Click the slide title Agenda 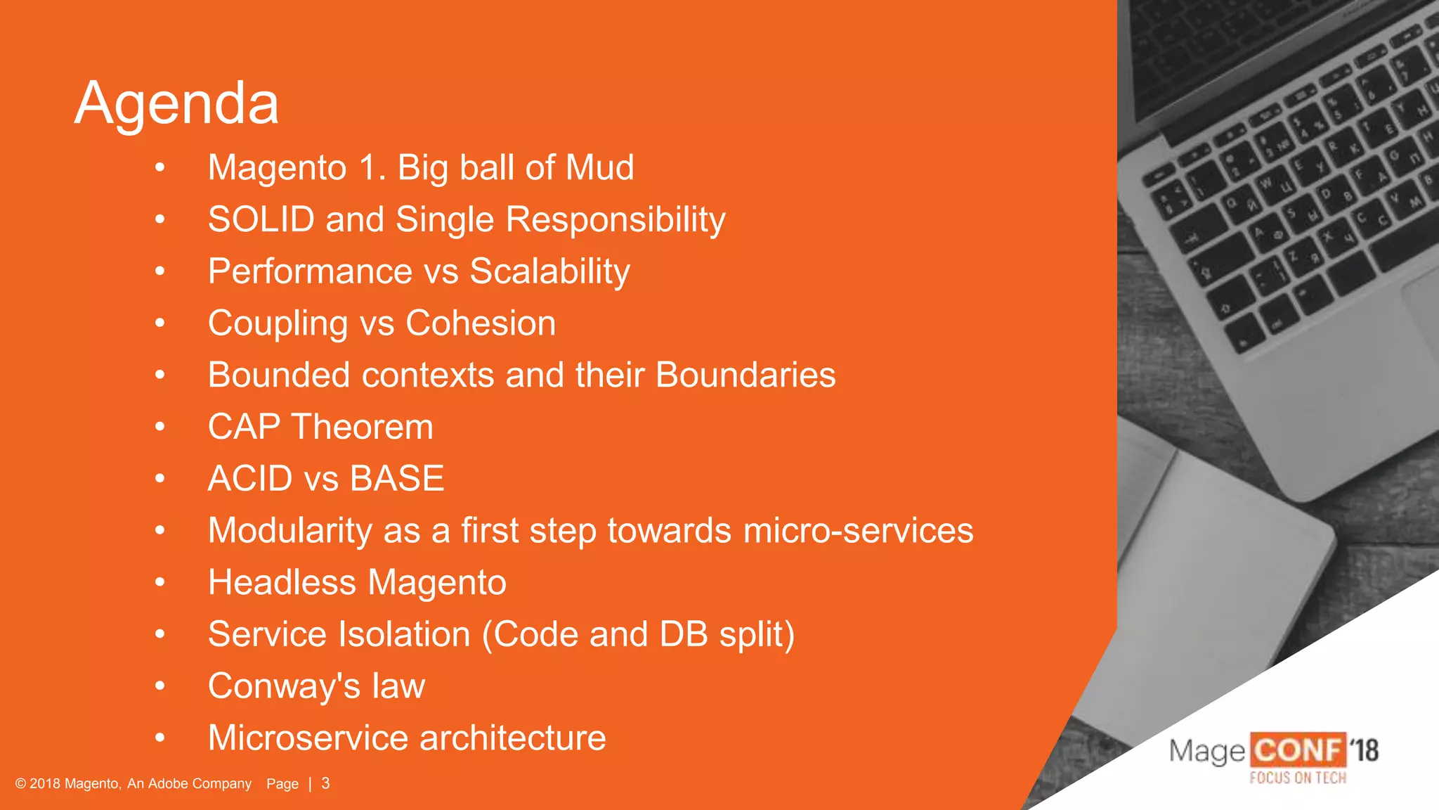[176, 104]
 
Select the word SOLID [261, 219]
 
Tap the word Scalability [549, 272]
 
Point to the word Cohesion [481, 323]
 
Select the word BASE [396, 479]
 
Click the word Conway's [284, 686]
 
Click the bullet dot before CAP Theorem [160, 427]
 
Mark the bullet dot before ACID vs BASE [160, 479]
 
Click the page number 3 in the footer [325, 783]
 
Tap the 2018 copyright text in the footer [134, 783]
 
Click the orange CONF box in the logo [1297, 750]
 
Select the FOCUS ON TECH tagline [1297, 778]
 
